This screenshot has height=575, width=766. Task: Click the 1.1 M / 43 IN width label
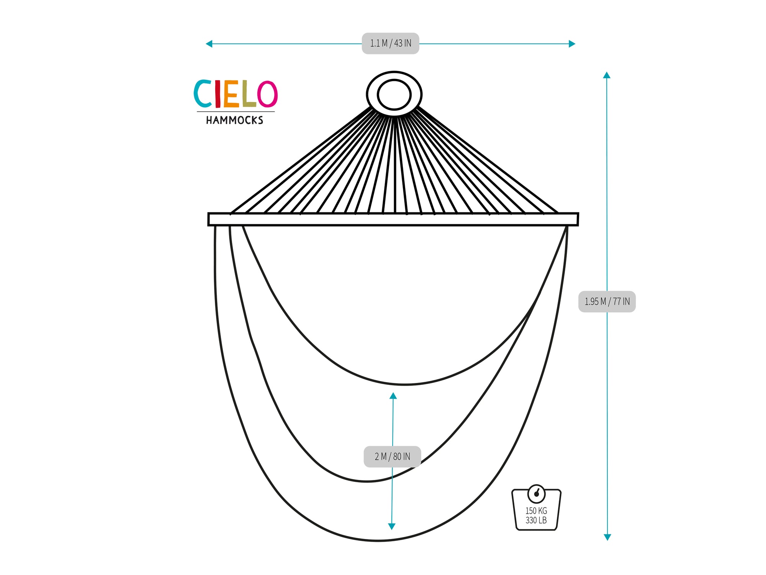coord(391,43)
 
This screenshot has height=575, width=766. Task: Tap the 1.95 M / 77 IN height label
coord(607,302)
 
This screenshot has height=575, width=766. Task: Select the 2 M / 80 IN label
coord(392,457)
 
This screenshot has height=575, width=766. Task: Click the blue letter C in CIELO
coord(202,94)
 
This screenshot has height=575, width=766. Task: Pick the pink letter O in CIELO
coord(267,94)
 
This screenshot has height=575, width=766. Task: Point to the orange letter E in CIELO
coord(231,94)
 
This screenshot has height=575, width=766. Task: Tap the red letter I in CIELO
coord(218,94)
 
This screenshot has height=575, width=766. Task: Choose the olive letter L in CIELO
coord(248,94)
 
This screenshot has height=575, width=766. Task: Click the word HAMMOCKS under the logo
coord(235,120)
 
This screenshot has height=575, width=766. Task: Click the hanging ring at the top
coord(394,94)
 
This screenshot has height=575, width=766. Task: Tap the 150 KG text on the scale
coord(536,511)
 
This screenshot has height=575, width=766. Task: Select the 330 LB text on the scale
coord(536,520)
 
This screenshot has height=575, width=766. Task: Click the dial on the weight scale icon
coord(537,494)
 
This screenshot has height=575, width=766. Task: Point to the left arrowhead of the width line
coord(209,44)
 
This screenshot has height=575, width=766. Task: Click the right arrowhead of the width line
coord(572,44)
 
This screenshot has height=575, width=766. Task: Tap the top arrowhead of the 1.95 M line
coord(607,75)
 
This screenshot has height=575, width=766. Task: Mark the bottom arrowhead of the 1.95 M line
coord(607,537)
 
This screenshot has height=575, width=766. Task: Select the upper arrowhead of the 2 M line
coord(393,396)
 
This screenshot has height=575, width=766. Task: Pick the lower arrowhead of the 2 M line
coord(391,526)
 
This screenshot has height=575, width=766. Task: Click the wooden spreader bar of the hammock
coord(393,219)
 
